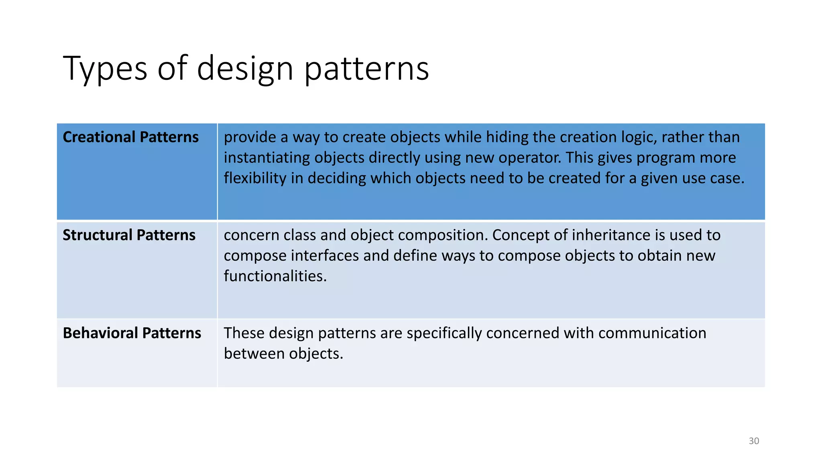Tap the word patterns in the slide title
tap(366, 69)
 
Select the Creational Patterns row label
tap(130, 137)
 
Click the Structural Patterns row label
tap(129, 235)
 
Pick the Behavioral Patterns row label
tap(132, 333)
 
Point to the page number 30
tap(754, 441)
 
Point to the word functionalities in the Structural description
tap(275, 276)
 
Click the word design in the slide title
tap(245, 69)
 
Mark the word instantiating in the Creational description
tap(267, 158)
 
